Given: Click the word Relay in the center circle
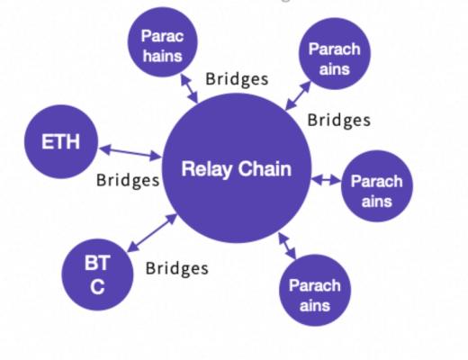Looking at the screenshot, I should click(x=206, y=168).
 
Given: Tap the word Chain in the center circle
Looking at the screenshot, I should click(x=265, y=168).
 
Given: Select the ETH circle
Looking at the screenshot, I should click(x=60, y=141).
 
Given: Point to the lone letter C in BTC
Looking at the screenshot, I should click(x=96, y=287).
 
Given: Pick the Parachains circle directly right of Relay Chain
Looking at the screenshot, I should click(x=376, y=190).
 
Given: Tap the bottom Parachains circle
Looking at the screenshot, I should click(x=314, y=295).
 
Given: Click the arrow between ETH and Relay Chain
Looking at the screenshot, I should click(x=131, y=151).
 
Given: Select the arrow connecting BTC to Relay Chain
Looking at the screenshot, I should click(x=152, y=232).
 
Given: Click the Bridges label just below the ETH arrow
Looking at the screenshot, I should click(x=128, y=181).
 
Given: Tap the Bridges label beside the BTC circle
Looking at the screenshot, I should click(x=176, y=267).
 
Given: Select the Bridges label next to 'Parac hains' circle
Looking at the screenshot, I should click(x=237, y=78).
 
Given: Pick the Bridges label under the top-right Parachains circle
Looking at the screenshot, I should click(x=339, y=120).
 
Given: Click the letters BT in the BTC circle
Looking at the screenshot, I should click(x=96, y=265).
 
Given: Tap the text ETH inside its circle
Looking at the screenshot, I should click(x=60, y=141).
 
